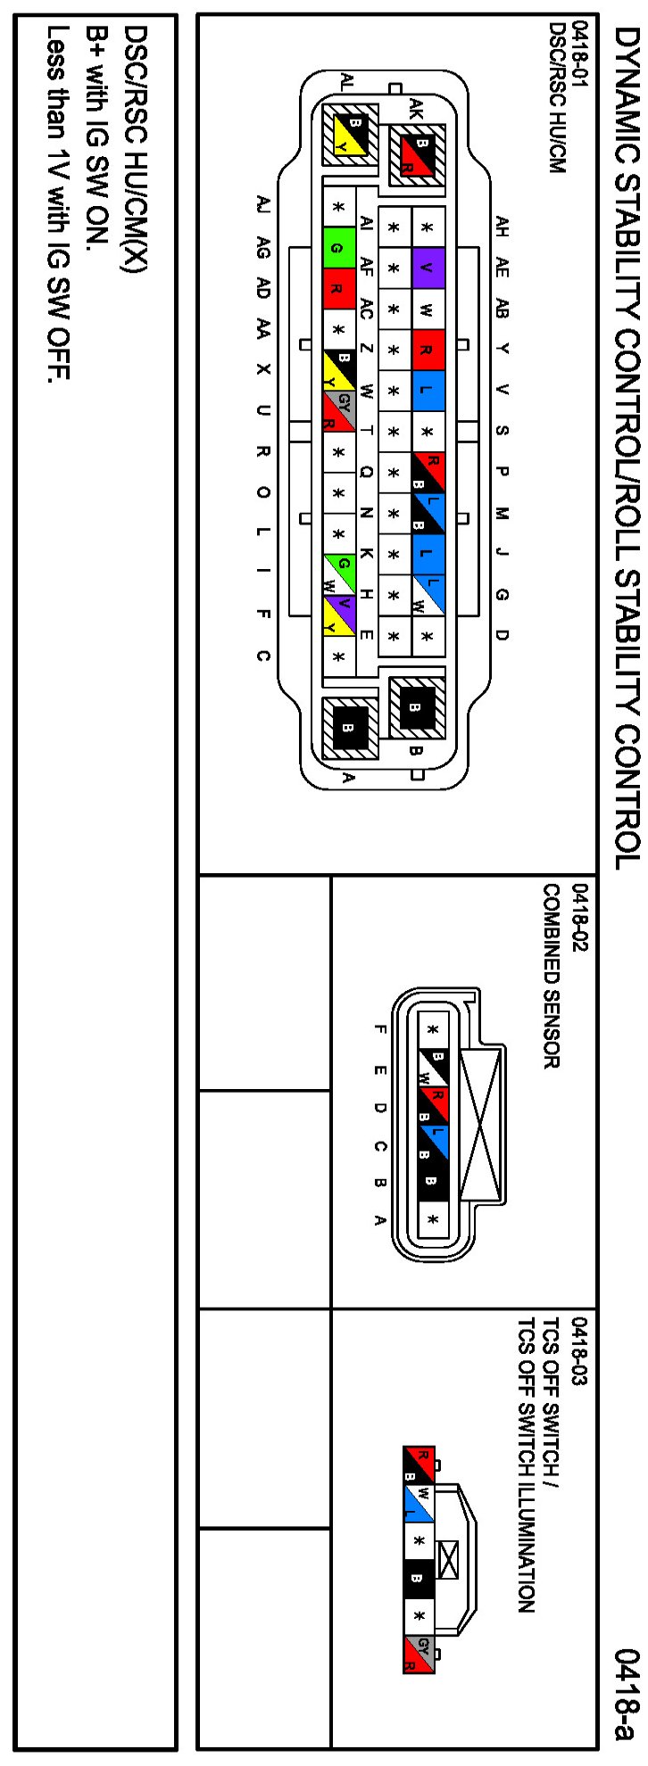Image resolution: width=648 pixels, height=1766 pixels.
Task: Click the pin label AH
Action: (x=502, y=227)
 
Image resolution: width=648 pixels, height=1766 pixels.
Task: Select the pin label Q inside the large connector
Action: (x=366, y=473)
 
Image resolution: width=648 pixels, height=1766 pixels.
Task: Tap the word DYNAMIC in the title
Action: (x=627, y=80)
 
